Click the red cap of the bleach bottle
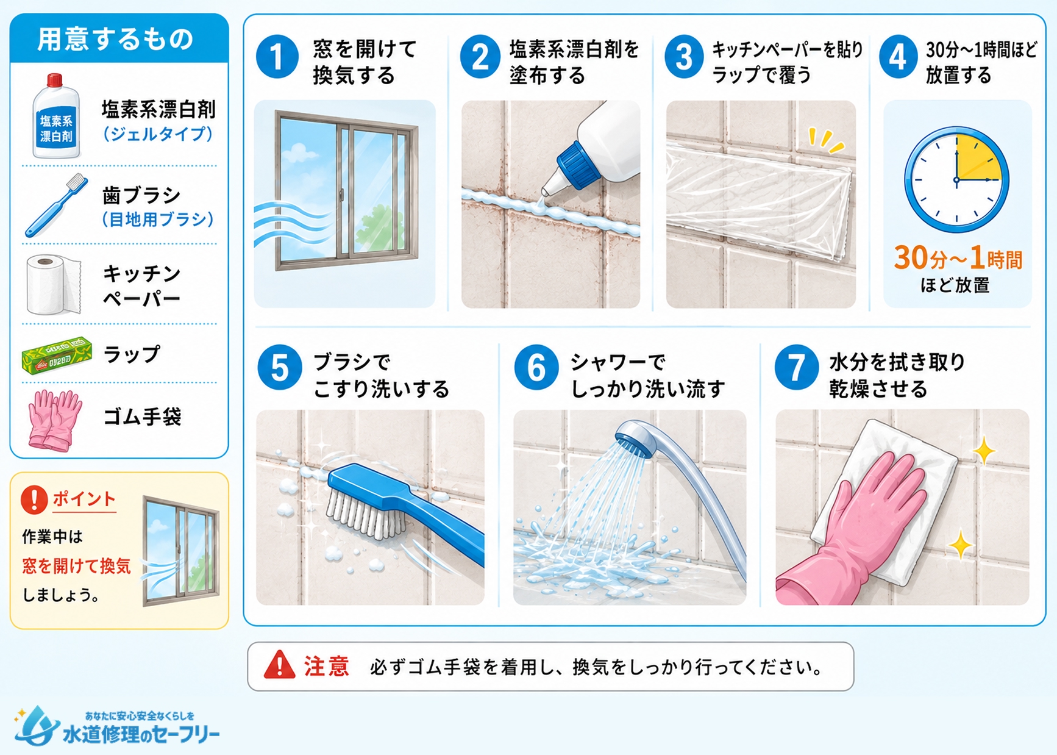(55, 80)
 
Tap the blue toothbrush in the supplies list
(56, 206)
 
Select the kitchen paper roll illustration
(54, 285)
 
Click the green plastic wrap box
(57, 355)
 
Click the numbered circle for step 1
(277, 57)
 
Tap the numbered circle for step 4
(898, 57)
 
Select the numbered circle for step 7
(796, 367)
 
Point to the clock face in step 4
(956, 179)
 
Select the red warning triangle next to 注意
(279, 665)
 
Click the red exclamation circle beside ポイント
(34, 499)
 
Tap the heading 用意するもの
(115, 39)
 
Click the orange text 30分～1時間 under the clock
(958, 259)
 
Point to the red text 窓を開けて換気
(77, 566)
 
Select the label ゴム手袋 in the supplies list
(143, 417)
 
